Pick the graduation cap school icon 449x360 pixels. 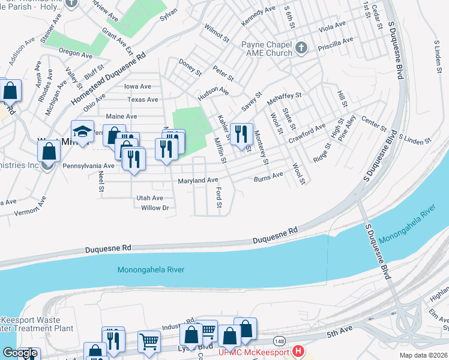pos(82,131)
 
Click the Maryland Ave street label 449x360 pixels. pos(197,180)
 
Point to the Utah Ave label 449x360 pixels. pos(149,197)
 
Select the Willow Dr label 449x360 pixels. pos(155,208)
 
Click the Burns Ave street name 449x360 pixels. pos(268,176)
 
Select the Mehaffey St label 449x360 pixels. pos(284,95)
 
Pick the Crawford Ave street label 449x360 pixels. pos(306,130)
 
